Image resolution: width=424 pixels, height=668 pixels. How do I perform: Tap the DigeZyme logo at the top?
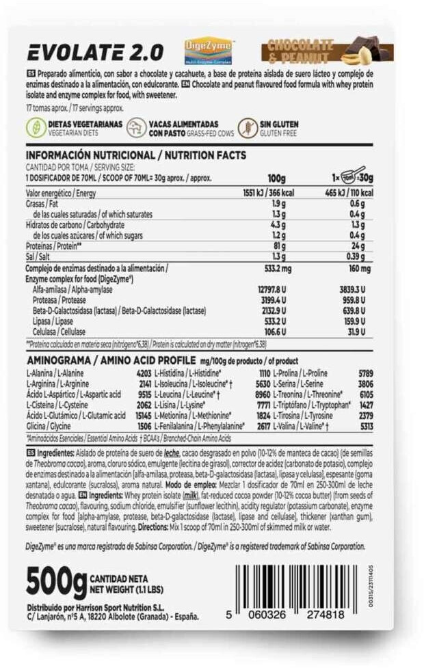click(209, 51)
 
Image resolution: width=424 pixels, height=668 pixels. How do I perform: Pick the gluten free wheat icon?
click(246, 127)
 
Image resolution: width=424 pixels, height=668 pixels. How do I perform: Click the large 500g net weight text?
click(56, 581)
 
